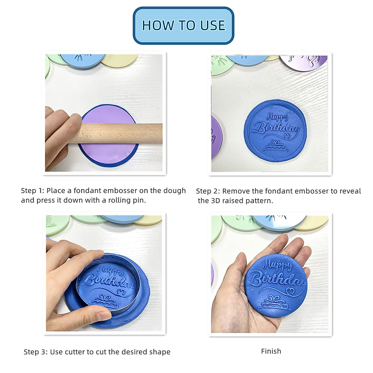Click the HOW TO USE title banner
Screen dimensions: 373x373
[183, 25]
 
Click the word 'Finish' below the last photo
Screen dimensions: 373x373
[271, 351]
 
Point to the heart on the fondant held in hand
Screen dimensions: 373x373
[290, 291]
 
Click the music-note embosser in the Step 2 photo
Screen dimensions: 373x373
[306, 61]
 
